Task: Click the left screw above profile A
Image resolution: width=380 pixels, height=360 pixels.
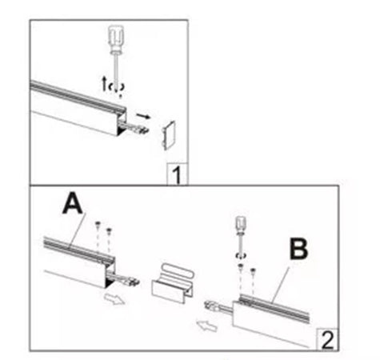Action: click(x=96, y=224)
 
